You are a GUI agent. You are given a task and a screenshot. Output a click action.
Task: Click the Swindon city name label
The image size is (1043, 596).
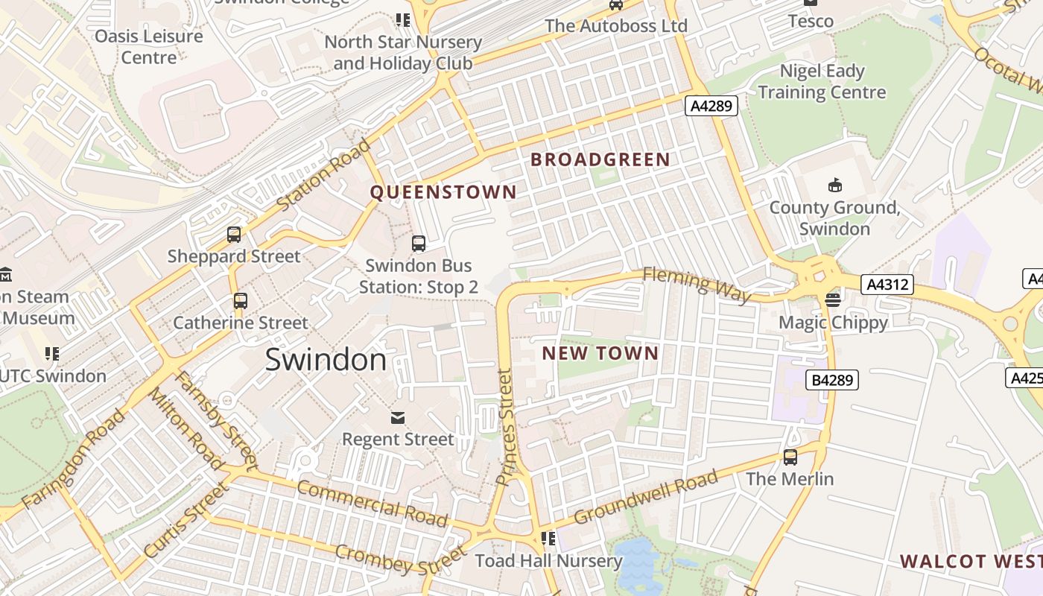pos(326,360)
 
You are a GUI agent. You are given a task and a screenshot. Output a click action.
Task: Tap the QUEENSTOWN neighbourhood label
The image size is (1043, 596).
pos(443,192)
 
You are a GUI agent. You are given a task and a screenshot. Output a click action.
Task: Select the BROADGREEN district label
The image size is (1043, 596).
pos(600,159)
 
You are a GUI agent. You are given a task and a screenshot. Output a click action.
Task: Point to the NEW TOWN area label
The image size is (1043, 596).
pos(600,353)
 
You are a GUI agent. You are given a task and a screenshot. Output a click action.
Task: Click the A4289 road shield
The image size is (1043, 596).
pos(711,106)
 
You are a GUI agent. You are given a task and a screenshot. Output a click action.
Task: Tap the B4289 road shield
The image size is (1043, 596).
pos(832,380)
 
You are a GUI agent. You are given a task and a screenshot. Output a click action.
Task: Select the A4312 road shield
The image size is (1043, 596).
pos(887,284)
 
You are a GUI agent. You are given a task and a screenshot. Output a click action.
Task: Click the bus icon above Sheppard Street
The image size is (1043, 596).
pos(234,235)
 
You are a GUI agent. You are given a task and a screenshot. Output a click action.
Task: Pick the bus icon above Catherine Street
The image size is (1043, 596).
pos(240,301)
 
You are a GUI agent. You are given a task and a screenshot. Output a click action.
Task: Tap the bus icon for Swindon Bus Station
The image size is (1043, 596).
pos(419,243)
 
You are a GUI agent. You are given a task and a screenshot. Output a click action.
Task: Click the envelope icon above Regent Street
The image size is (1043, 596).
pos(398,417)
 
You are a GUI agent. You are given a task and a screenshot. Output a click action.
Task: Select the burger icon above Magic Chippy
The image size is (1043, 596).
pos(832,300)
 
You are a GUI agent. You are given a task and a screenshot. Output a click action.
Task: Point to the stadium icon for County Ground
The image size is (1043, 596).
pos(834,185)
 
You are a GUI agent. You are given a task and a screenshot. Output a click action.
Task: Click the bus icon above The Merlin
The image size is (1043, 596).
pos(790,457)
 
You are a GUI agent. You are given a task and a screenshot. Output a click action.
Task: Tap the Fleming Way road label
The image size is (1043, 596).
pos(697,285)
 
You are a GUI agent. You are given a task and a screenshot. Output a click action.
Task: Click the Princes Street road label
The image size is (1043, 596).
pos(506,428)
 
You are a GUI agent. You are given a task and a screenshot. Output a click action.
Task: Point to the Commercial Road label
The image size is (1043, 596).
pos(372,504)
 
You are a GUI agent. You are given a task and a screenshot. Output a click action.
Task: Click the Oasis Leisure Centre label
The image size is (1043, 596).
pos(149,46)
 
